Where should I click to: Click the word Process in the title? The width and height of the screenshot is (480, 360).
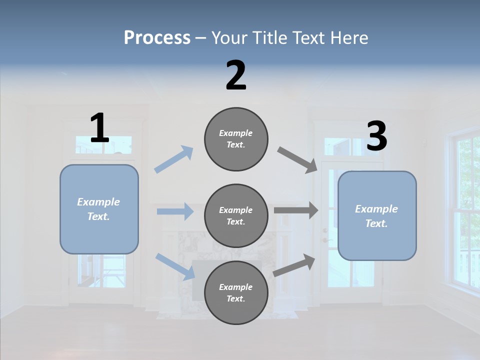(x=157, y=37)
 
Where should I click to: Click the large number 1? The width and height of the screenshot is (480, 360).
(x=99, y=128)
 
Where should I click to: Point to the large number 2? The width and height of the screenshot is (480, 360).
(x=236, y=75)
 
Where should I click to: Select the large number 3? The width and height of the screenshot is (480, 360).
(x=376, y=136)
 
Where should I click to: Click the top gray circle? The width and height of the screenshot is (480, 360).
(x=236, y=139)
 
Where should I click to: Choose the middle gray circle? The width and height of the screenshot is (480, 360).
(x=236, y=215)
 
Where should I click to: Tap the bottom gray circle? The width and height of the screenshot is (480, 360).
(x=236, y=292)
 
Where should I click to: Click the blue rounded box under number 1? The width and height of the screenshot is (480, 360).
(x=99, y=209)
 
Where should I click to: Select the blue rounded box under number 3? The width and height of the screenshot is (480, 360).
(x=377, y=215)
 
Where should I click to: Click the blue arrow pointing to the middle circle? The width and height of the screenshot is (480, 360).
(x=175, y=211)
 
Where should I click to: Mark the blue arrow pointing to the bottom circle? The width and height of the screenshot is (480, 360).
(x=175, y=266)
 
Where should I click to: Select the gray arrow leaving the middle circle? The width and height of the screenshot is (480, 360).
(x=296, y=210)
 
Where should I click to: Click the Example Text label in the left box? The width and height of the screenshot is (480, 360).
(x=99, y=209)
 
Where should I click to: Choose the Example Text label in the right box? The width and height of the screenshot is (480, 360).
(x=377, y=216)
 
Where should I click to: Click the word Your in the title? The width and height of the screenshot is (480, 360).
(x=228, y=37)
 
